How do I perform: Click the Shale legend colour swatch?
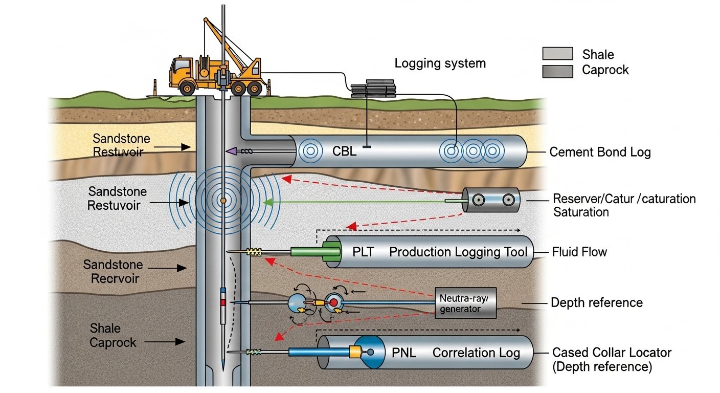click(x=557, y=53)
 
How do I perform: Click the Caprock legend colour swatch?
click(x=557, y=71)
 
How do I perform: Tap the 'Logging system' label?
click(x=440, y=64)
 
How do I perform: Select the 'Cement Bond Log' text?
click(x=600, y=152)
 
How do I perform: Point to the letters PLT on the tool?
click(x=364, y=252)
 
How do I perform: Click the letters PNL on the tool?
click(x=404, y=353)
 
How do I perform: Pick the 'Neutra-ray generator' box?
click(x=465, y=302)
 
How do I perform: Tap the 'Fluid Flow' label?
click(x=579, y=252)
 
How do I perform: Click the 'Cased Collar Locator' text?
click(x=612, y=353)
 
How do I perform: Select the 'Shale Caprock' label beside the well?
click(x=112, y=335)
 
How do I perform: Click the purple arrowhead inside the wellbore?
click(x=230, y=151)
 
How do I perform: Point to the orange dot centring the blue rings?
click(x=222, y=200)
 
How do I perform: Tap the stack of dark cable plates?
click(x=373, y=89)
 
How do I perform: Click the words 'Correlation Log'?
click(x=476, y=353)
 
